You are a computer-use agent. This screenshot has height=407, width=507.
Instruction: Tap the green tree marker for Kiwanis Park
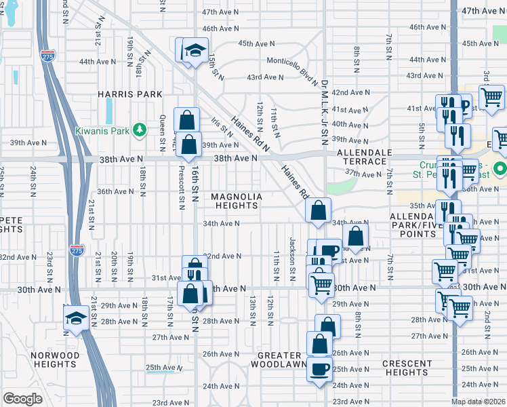pyautogui.click(x=140, y=129)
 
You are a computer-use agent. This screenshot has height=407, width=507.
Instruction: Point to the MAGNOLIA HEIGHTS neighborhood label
pyautogui.click(x=236, y=201)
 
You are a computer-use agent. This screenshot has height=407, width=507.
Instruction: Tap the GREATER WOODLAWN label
pyautogui.click(x=279, y=360)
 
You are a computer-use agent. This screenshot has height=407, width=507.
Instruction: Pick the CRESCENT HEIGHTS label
pyautogui.click(x=407, y=368)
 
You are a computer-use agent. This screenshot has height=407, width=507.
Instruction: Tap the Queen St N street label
pyautogui.click(x=163, y=132)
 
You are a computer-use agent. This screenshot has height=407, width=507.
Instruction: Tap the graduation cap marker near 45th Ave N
pyautogui.click(x=195, y=50)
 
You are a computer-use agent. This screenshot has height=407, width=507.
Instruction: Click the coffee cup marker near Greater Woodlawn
pyautogui.click(x=319, y=370)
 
